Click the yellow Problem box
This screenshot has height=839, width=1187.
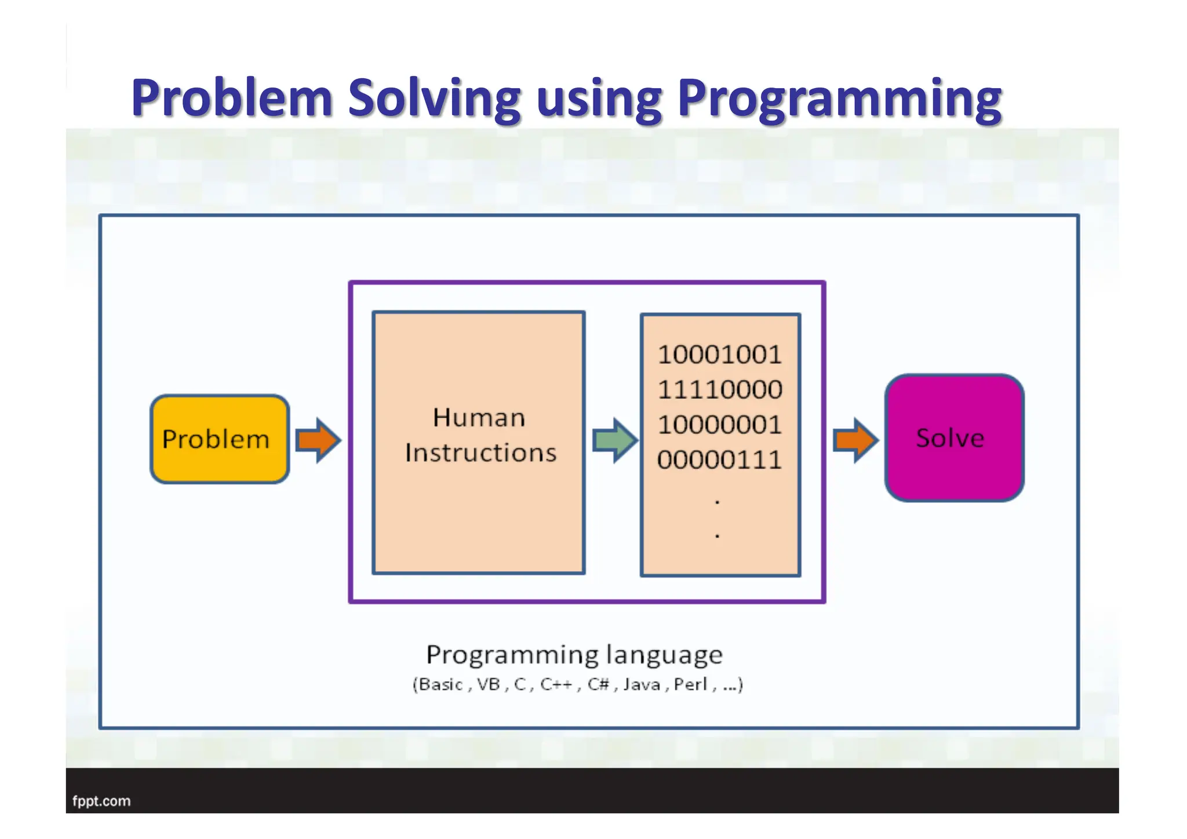220,439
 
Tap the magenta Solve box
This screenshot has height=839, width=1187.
954,438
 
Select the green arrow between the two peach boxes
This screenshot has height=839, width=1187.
614,440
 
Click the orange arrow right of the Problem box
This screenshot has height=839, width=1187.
318,440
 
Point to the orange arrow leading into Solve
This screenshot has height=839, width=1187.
855,440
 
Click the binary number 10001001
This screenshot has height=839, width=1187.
720,355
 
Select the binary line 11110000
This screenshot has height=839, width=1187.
720,389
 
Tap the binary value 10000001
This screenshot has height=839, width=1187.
720,425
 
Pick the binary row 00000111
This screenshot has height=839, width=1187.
720,460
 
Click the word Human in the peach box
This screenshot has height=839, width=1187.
479,418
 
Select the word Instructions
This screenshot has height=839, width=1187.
480,453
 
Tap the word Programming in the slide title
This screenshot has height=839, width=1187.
839,99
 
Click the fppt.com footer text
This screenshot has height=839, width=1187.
101,801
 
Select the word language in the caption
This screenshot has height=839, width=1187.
664,655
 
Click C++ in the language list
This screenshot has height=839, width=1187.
556,685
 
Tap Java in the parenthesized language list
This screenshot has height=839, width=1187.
642,685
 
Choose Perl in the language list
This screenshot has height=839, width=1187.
690,685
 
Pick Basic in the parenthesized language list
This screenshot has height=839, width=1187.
440,685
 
